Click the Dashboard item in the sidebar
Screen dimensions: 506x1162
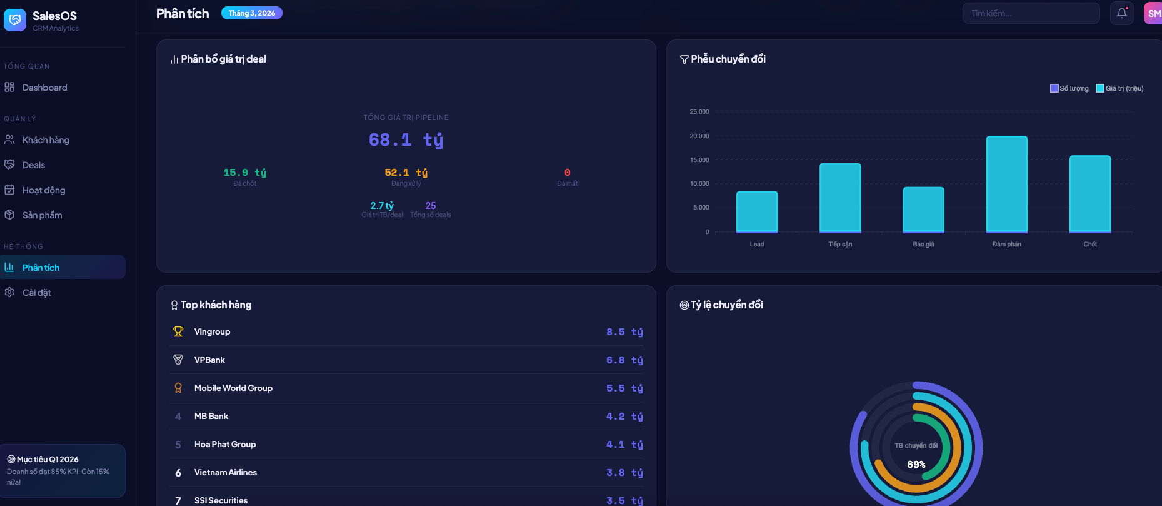tap(44, 88)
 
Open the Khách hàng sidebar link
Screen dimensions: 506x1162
tap(46, 140)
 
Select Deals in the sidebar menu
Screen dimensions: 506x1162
tap(34, 165)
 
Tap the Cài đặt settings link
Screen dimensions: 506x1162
tap(36, 293)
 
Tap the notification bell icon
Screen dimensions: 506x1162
tap(1122, 13)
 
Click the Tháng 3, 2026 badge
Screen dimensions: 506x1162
tap(251, 13)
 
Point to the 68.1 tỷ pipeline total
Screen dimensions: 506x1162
tap(406, 139)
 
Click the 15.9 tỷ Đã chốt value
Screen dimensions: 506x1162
tap(244, 173)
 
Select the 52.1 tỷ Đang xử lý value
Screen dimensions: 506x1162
tap(406, 173)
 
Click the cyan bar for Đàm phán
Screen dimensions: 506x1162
tap(1006, 184)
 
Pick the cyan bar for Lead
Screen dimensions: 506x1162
tap(756, 211)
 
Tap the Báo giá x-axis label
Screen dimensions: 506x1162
tap(923, 245)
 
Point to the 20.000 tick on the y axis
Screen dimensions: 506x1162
tap(699, 136)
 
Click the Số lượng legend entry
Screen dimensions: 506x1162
tap(1069, 88)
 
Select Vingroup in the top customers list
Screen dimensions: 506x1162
tap(212, 332)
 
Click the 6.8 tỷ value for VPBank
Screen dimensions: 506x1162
tap(624, 360)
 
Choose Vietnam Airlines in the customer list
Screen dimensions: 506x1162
tap(225, 473)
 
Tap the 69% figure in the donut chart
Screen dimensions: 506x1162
tap(916, 465)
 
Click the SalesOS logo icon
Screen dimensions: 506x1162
tap(15, 20)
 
